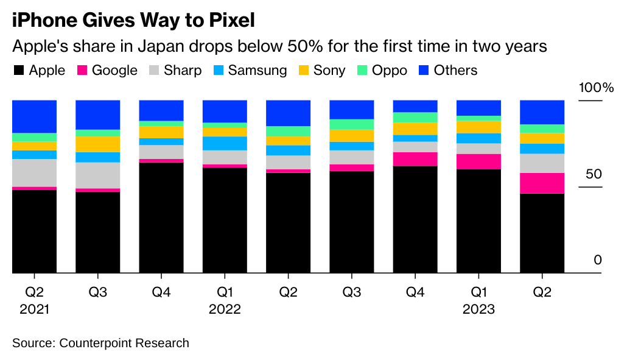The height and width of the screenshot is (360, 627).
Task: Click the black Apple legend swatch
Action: (x=18, y=71)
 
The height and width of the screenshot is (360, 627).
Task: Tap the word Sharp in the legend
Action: (x=182, y=71)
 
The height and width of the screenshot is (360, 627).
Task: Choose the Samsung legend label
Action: (x=257, y=71)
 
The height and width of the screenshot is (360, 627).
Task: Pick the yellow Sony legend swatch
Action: (x=303, y=71)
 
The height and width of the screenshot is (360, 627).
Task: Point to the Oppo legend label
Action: (x=390, y=71)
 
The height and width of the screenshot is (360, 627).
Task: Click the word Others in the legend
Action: (x=455, y=71)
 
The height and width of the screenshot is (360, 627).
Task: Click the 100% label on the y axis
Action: (x=596, y=88)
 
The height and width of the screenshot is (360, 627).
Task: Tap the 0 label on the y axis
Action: (x=598, y=260)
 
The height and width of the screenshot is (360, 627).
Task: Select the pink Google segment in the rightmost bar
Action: (x=542, y=183)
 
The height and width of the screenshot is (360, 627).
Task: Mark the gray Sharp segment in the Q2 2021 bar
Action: (x=35, y=172)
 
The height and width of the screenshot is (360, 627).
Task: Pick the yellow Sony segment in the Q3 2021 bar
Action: (x=98, y=144)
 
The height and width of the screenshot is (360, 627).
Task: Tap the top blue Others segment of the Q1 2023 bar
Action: (x=478, y=107)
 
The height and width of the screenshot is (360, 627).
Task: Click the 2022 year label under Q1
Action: (x=225, y=309)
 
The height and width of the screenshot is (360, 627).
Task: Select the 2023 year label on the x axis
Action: (x=478, y=309)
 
